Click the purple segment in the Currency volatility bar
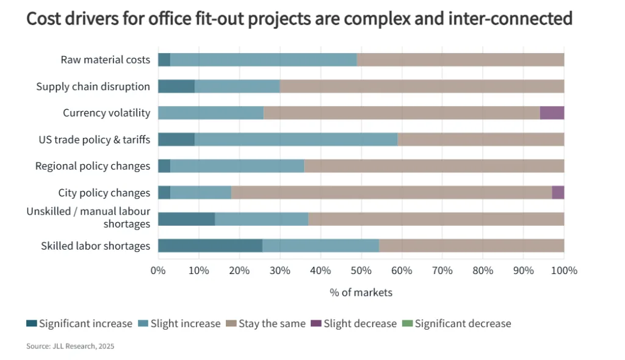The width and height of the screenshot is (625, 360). point(552,113)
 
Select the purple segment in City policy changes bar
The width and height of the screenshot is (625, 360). point(558,193)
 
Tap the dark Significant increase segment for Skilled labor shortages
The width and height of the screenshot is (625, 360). point(210,246)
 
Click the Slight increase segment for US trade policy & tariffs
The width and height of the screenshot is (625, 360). point(296,140)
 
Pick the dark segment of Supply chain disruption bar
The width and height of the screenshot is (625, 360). point(176,86)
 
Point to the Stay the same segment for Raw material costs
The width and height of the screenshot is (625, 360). point(460,60)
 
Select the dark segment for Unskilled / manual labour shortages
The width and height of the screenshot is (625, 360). point(186,219)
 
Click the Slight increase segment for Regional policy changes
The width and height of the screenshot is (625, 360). point(237,166)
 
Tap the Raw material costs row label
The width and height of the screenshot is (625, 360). point(105,60)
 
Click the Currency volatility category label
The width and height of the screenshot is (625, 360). point(106,113)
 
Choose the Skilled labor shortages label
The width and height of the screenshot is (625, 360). point(95,246)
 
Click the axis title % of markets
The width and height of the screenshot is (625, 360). point(361,292)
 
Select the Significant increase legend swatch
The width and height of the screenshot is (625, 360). point(31,323)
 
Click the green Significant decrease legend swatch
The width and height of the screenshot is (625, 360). point(408,323)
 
